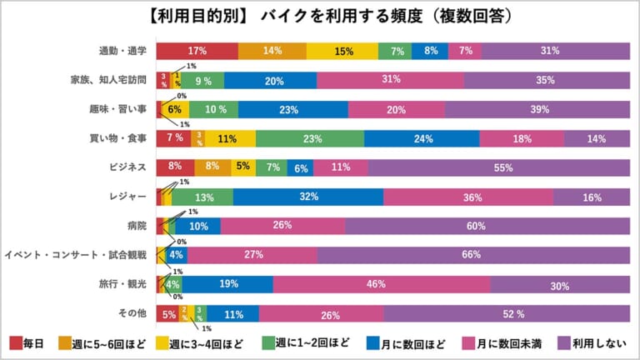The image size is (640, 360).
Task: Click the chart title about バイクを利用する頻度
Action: (319, 16)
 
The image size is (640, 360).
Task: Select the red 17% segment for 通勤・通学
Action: (197, 51)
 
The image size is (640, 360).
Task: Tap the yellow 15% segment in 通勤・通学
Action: (342, 51)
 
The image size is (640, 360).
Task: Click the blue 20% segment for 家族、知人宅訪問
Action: (270, 80)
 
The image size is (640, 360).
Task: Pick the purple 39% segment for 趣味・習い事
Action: (537, 109)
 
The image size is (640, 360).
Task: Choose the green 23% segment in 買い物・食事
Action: (309, 138)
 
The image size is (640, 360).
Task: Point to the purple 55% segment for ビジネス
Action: (502, 167)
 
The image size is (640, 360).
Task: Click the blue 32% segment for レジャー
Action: (307, 197)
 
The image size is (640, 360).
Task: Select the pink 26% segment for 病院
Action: (282, 226)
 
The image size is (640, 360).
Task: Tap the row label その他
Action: (132, 313)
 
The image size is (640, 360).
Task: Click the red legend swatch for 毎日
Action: (16, 343)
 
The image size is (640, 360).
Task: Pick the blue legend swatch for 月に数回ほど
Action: (370, 343)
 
